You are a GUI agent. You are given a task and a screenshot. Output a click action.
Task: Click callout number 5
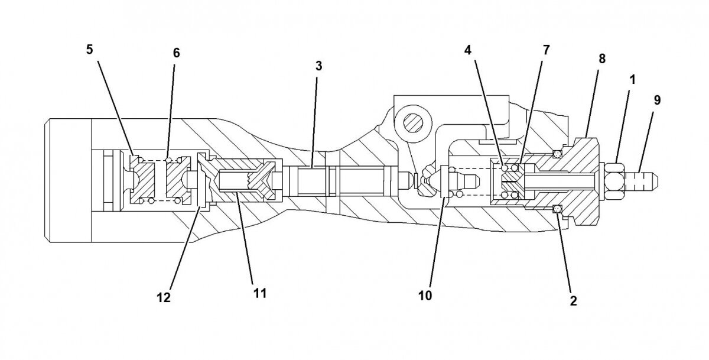pyautogui.click(x=90, y=49)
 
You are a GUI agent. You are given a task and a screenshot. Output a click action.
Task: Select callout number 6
pyautogui.click(x=176, y=53)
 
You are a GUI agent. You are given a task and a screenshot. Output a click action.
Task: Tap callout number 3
pyautogui.click(x=318, y=66)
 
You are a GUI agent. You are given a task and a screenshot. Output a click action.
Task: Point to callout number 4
pyautogui.click(x=467, y=50)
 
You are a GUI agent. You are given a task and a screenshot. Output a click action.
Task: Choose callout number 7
pyautogui.click(x=545, y=50)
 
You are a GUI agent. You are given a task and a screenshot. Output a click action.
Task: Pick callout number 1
pyautogui.click(x=632, y=79)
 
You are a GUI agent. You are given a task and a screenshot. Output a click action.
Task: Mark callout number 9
pyautogui.click(x=657, y=100)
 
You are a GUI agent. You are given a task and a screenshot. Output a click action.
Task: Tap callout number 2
pyautogui.click(x=572, y=300)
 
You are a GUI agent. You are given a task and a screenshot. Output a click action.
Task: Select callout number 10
pyautogui.click(x=425, y=294)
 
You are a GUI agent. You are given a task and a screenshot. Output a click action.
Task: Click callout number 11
pyautogui.click(x=260, y=292)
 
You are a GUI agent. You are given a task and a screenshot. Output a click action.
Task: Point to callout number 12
pyautogui.click(x=164, y=297)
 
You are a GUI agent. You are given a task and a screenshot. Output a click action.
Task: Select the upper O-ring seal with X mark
pyautogui.click(x=556, y=154)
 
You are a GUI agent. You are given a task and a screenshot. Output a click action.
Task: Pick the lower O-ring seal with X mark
pyautogui.click(x=556, y=209)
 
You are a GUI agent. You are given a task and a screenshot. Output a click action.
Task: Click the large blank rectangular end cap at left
pyautogui.click(x=68, y=180)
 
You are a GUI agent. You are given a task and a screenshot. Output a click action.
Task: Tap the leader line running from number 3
pyautogui.click(x=316, y=118)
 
